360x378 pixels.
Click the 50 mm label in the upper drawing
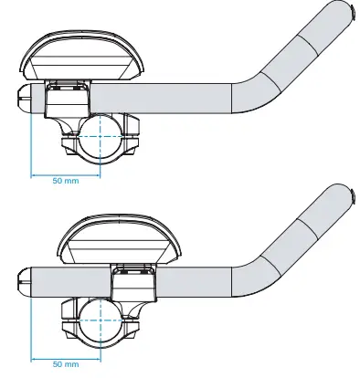(x=66, y=181)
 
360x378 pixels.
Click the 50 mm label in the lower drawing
(x=66, y=364)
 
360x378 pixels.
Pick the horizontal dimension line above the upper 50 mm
(x=66, y=173)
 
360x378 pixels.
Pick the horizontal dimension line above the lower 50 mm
(x=66, y=357)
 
